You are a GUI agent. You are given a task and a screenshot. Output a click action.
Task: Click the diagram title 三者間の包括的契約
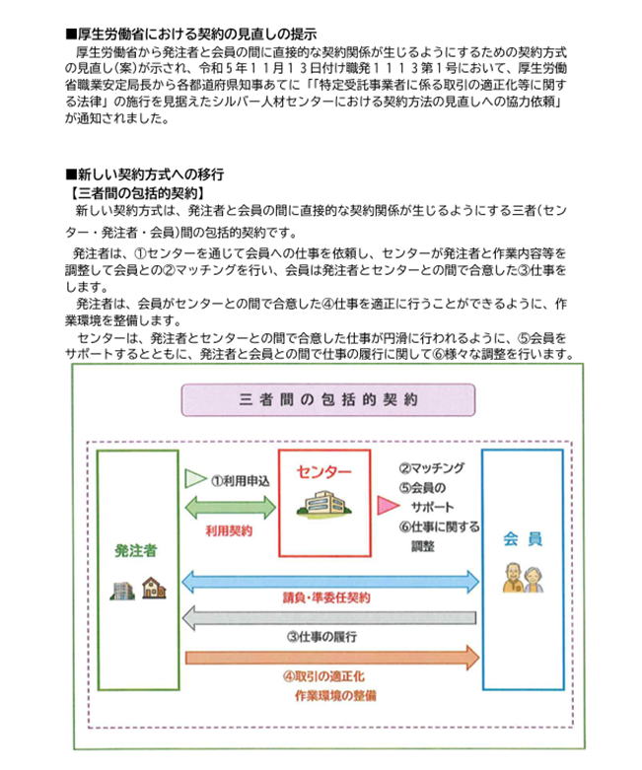coord(329,400)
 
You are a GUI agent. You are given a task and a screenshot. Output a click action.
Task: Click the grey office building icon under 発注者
coord(122,588)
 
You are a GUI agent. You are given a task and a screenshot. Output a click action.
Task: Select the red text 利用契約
coord(229,531)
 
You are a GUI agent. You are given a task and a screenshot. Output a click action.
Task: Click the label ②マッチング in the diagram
coord(431,468)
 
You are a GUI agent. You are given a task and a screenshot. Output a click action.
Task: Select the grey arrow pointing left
coord(329,618)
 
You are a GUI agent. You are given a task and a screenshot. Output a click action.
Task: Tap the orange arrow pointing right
coord(329,656)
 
